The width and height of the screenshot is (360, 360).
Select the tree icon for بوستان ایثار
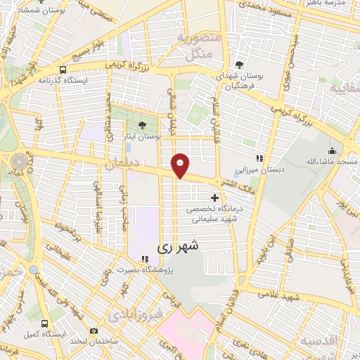[x=143, y=124]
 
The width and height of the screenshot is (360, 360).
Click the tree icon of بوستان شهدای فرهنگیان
[x=240, y=65]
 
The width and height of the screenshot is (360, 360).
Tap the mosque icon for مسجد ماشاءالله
[x=331, y=150]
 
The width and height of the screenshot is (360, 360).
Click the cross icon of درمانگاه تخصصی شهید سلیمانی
[x=214, y=198]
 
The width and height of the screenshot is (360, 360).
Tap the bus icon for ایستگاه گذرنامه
[x=63, y=70]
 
